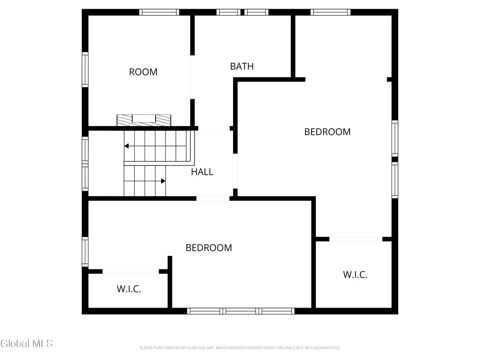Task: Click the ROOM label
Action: tap(143, 72)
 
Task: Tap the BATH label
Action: tap(242, 66)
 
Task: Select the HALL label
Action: tap(202, 172)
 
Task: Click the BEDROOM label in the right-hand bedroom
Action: tap(327, 132)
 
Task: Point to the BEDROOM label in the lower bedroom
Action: tap(209, 248)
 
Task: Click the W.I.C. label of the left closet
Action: tap(129, 289)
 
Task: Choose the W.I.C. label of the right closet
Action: tap(355, 275)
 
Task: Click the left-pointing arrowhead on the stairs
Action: tap(126, 146)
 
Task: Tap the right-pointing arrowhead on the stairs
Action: tap(163, 181)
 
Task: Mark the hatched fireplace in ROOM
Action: tap(144, 120)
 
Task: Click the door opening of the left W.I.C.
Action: tap(131, 271)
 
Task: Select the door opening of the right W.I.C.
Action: tap(356, 239)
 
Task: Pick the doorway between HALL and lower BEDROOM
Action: tap(213, 198)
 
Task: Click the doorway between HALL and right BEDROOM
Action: tap(235, 171)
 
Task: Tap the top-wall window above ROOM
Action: tap(159, 12)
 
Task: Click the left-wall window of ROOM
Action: tap(85, 69)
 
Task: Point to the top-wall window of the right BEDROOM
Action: tap(331, 12)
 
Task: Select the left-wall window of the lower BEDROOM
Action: tap(85, 252)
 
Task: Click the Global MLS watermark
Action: tap(26, 344)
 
